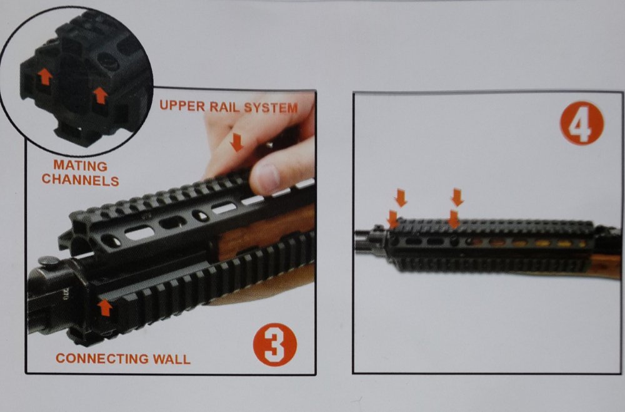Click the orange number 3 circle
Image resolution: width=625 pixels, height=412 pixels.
point(275,344)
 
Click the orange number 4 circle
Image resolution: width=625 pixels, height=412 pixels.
point(581,123)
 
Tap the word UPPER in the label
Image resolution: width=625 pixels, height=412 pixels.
point(182,106)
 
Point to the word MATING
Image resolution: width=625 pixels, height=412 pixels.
point(80,165)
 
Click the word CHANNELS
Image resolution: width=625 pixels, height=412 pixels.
point(81,180)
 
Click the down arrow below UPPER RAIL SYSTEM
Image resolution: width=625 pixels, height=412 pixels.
point(237,142)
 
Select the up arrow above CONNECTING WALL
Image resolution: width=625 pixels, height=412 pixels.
point(105,307)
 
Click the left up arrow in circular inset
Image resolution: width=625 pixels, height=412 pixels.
point(45,76)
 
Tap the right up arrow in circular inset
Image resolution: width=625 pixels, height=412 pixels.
point(100,96)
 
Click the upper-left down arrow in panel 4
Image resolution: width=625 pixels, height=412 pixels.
point(401,198)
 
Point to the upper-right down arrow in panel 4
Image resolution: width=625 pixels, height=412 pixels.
point(457,197)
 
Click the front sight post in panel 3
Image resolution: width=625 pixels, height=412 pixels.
point(51,260)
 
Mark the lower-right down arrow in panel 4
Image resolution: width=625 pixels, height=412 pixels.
point(454,219)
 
